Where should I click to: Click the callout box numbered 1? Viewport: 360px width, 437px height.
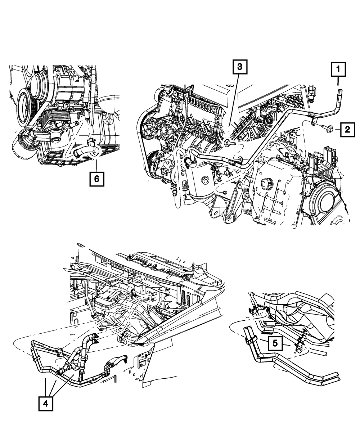pyautogui.click(x=338, y=69)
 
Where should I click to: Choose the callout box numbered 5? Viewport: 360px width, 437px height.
pyautogui.click(x=275, y=343)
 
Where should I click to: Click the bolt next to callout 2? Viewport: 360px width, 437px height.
pyautogui.click(x=328, y=127)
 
